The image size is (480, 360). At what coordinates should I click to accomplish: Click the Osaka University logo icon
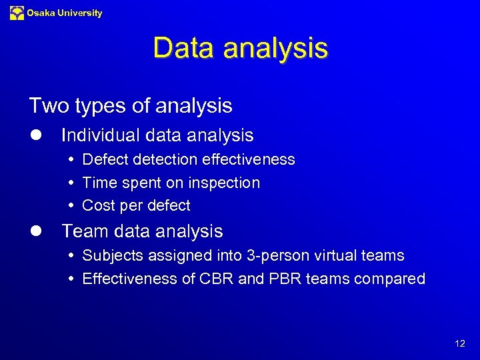(17, 13)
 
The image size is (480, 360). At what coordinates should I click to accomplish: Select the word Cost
(98, 205)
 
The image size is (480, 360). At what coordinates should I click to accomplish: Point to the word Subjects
(111, 256)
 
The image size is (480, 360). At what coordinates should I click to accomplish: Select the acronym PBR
(285, 279)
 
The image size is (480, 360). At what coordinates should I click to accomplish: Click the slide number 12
(460, 344)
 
